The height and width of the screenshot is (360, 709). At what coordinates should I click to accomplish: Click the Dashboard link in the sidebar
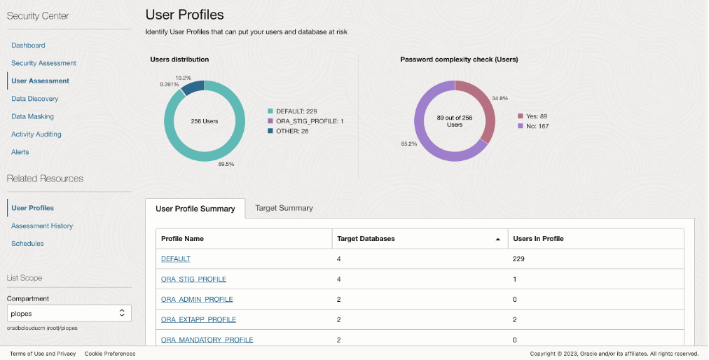(x=28, y=46)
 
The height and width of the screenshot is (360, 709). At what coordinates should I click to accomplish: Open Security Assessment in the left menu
(x=43, y=63)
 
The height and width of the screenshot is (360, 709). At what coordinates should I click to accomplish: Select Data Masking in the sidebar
(x=32, y=116)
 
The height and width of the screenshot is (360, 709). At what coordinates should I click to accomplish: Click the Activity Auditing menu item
(x=36, y=134)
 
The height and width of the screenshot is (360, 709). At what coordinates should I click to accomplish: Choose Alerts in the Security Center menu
(x=20, y=152)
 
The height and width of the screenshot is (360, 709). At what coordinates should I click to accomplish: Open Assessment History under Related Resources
(x=42, y=226)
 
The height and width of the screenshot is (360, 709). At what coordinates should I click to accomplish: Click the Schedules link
(x=27, y=244)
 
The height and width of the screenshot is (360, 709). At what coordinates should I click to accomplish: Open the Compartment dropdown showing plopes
(x=69, y=313)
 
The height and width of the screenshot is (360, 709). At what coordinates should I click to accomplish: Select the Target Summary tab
(x=284, y=208)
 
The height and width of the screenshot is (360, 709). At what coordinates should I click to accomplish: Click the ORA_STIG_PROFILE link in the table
(x=193, y=279)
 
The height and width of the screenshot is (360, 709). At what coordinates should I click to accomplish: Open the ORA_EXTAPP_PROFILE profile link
(x=198, y=320)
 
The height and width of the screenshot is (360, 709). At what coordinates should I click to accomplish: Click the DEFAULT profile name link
(x=176, y=259)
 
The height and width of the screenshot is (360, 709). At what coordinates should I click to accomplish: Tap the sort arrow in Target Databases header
(x=498, y=240)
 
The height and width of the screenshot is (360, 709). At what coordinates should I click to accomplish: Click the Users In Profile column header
(x=538, y=239)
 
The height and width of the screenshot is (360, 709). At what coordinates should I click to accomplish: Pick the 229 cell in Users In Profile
(x=519, y=259)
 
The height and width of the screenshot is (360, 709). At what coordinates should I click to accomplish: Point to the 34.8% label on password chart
(x=500, y=99)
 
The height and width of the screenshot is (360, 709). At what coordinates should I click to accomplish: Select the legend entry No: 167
(x=536, y=126)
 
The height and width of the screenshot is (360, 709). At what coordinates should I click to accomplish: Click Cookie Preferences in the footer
(x=110, y=354)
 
